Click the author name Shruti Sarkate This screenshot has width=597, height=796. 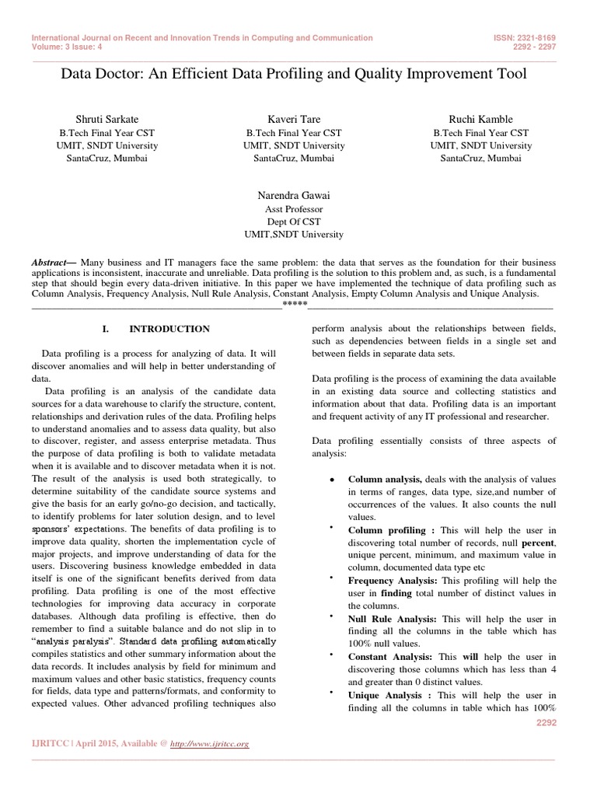106,119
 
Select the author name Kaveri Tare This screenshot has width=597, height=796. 293,119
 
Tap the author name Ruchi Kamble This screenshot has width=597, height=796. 480,119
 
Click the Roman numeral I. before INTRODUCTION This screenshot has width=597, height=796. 108,330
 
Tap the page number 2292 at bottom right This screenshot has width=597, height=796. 547,723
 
